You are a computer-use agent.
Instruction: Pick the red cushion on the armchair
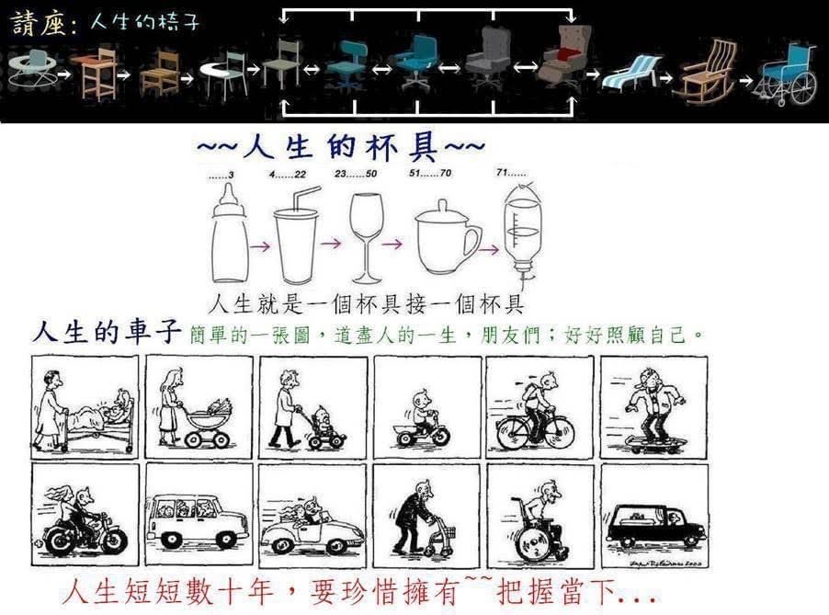pos(567,53)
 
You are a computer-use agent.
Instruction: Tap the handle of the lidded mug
pos(472,245)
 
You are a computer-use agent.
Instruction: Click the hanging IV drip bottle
pos(522,227)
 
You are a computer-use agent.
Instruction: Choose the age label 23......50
pos(356,174)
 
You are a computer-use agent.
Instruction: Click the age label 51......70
pos(430,173)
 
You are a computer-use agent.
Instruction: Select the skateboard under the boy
pos(655,443)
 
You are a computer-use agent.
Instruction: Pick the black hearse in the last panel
pos(656,525)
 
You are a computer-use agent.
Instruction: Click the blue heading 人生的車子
pos(107,332)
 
